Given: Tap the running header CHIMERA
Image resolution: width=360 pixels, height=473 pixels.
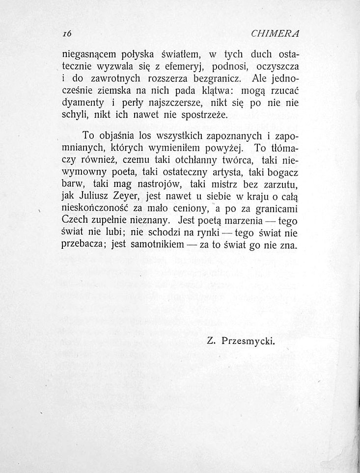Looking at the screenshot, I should click(276, 34).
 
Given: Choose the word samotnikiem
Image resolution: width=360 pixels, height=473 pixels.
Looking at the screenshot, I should click(157, 244).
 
